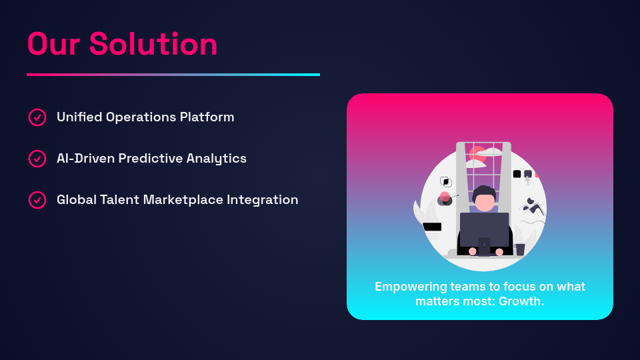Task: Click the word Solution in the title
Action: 153,44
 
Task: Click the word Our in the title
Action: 53,44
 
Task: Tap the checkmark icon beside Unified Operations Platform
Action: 37,117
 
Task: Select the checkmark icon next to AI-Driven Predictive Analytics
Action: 37,159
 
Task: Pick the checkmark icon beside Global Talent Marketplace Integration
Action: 37,200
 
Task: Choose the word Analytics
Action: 216,159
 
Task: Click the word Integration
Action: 263,200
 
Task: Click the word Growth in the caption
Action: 520,301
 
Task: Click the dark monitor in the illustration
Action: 485,230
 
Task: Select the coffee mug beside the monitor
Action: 519,249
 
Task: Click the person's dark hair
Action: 484,192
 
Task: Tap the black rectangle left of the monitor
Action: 432,227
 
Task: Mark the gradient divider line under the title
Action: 173,75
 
